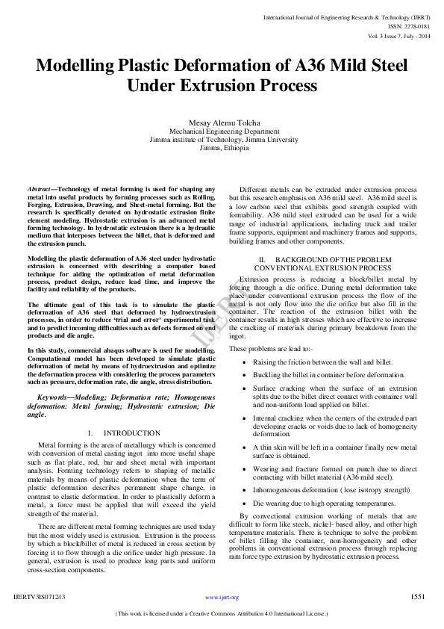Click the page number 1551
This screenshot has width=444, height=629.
418,597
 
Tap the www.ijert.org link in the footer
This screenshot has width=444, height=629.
222,598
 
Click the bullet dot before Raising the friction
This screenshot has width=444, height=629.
246,362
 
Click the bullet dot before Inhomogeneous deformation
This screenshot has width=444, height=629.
246,490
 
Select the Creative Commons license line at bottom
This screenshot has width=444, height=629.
222,614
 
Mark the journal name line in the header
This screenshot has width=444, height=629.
345,16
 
